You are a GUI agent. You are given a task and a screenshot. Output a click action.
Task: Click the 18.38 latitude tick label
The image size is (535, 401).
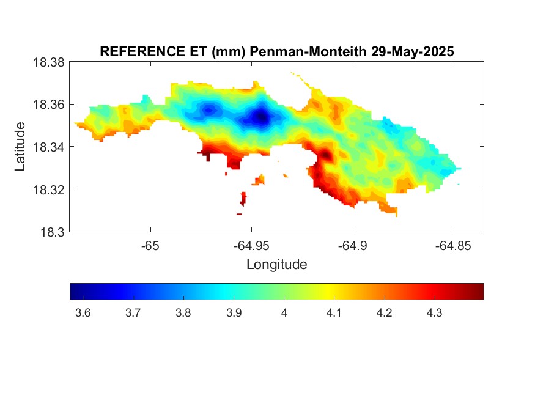[48, 62]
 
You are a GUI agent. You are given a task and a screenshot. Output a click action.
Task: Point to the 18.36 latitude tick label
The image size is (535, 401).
[48, 105]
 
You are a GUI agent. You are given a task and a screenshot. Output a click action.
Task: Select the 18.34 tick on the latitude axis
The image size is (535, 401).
[48, 147]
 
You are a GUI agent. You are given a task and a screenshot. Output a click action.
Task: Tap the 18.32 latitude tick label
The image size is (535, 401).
[48, 189]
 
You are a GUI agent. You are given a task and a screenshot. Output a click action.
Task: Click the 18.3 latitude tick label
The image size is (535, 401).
[52, 232]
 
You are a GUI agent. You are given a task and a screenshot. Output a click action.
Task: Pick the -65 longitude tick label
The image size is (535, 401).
[150, 246]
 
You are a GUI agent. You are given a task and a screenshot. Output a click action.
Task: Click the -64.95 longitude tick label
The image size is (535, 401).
[251, 246]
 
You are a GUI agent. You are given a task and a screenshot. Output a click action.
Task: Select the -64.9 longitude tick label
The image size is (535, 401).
[352, 246]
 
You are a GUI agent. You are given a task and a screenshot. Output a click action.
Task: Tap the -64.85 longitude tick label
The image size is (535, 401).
[453, 246]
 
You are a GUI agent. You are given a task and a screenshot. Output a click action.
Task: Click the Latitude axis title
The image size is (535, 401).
[20, 147]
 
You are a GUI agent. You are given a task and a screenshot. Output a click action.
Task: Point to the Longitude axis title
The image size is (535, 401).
[277, 264]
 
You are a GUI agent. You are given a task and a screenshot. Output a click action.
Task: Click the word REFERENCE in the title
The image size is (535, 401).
[142, 51]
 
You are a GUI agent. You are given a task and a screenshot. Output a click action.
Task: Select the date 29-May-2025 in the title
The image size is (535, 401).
[413, 52]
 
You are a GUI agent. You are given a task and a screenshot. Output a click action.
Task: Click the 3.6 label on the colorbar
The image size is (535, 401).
[83, 313]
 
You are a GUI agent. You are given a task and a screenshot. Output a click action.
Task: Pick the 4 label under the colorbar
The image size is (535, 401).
[284, 313]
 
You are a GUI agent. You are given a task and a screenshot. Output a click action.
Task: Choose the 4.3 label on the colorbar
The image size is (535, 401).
[434, 313]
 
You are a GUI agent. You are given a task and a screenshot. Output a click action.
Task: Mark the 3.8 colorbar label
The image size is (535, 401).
[183, 313]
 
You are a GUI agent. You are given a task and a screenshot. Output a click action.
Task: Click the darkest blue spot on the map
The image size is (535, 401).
[262, 117]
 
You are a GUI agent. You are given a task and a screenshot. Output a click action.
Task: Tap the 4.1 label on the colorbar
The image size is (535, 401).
[334, 313]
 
